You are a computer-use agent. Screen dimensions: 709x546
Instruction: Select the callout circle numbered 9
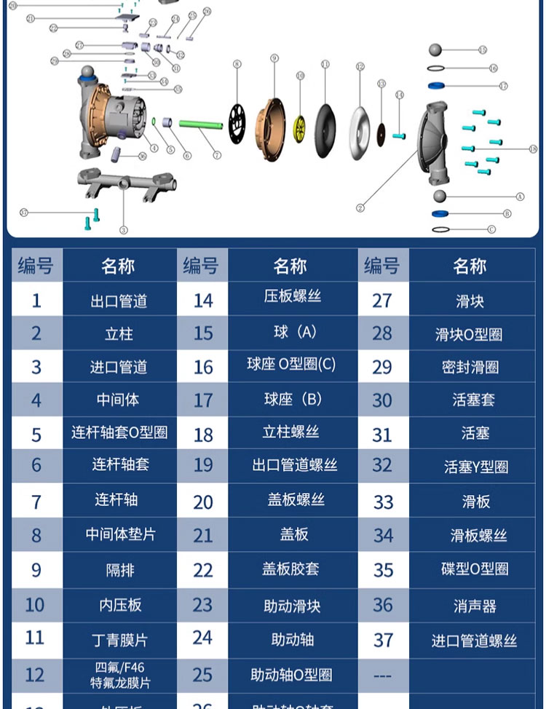click(x=274, y=58)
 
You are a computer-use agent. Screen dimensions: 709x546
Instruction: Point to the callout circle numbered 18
click(x=533, y=148)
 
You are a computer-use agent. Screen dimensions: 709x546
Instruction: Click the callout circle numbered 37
click(x=23, y=213)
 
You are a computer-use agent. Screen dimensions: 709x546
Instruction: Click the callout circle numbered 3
click(x=124, y=230)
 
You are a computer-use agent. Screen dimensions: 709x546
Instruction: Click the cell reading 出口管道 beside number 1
click(x=119, y=301)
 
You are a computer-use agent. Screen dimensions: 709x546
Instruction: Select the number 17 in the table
click(x=203, y=400)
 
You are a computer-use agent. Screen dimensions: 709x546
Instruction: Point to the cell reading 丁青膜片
click(x=119, y=641)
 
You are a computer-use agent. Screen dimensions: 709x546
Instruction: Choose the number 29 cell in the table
click(x=382, y=368)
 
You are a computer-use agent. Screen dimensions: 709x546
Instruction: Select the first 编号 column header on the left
click(x=36, y=266)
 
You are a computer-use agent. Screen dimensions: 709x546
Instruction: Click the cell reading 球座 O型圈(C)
click(x=291, y=365)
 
